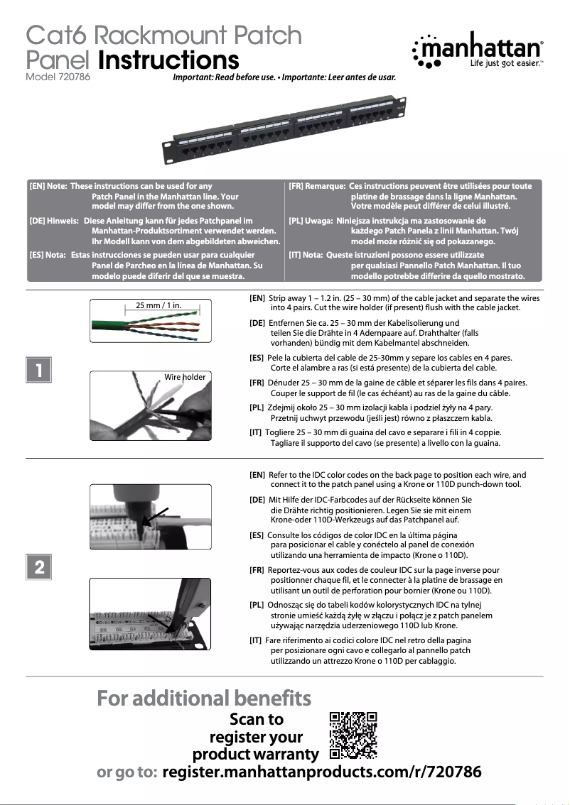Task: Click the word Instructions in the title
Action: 168,60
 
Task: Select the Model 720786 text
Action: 58,77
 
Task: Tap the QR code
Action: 353,735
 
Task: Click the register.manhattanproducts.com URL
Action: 322,772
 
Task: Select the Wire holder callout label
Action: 185,377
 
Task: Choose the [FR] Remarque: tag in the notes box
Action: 317,186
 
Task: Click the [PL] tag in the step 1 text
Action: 257,408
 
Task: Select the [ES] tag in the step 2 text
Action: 257,535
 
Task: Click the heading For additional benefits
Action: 204,699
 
